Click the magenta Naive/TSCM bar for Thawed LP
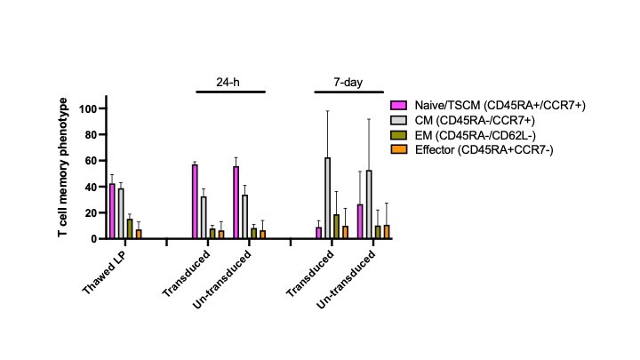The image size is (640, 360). tap(112, 212)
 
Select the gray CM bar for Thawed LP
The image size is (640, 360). tap(121, 214)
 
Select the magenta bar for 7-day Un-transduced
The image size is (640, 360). tap(360, 222)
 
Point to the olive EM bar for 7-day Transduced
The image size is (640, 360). tap(336, 227)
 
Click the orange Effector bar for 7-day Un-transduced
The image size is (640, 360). tap(386, 232)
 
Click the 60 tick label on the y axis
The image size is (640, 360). tap(94, 161)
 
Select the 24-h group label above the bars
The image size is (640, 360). tap(228, 82)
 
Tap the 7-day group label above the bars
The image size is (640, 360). tap(347, 82)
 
